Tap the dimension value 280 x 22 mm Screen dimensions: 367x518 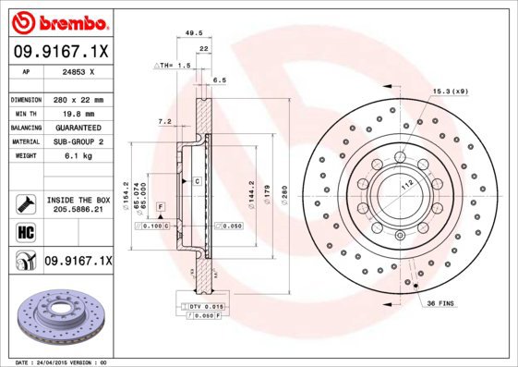pos(77,99)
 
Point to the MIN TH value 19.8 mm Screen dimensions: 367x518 pos(77,113)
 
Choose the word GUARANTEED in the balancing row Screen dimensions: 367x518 pos(77,128)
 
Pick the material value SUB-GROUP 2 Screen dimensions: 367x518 pos(77,141)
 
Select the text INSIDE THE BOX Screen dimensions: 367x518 pos(77,200)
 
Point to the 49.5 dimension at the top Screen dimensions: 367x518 pos(194,33)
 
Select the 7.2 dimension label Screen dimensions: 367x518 pos(164,121)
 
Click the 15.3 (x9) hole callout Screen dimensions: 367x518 pos(450,91)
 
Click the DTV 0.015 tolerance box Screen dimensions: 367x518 pos(204,305)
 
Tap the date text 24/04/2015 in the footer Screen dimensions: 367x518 pos(56,362)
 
